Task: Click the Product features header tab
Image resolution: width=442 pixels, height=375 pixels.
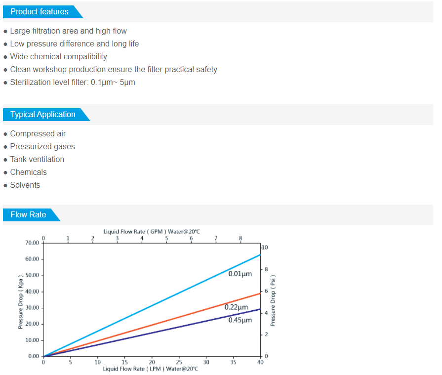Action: tap(40, 11)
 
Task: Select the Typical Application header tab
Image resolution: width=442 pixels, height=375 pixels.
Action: tap(43, 114)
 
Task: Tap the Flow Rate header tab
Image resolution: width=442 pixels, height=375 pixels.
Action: tap(28, 214)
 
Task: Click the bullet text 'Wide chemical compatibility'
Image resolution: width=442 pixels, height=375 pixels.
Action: tap(58, 56)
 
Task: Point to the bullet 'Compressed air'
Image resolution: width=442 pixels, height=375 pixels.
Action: tap(38, 133)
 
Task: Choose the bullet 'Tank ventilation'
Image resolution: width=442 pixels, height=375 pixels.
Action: tap(37, 159)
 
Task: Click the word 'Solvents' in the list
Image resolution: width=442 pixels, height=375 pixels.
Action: tap(25, 185)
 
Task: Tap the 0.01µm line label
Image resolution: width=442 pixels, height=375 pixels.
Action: tap(240, 273)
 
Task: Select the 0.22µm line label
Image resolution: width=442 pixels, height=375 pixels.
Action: tap(236, 307)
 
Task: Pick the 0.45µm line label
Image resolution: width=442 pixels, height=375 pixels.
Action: tap(240, 320)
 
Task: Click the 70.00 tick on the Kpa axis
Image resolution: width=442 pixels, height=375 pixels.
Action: tap(32, 243)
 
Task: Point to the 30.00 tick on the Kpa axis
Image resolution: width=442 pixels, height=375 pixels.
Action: tap(32, 308)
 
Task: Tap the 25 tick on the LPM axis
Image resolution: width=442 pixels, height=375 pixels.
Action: tap(179, 362)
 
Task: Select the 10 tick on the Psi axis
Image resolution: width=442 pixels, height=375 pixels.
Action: tap(265, 247)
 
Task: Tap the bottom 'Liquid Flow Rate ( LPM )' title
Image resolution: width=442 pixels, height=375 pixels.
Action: tap(150, 369)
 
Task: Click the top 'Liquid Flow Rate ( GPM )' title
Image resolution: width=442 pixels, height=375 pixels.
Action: tap(152, 231)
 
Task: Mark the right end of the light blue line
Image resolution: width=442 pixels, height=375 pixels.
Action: tap(260, 254)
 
